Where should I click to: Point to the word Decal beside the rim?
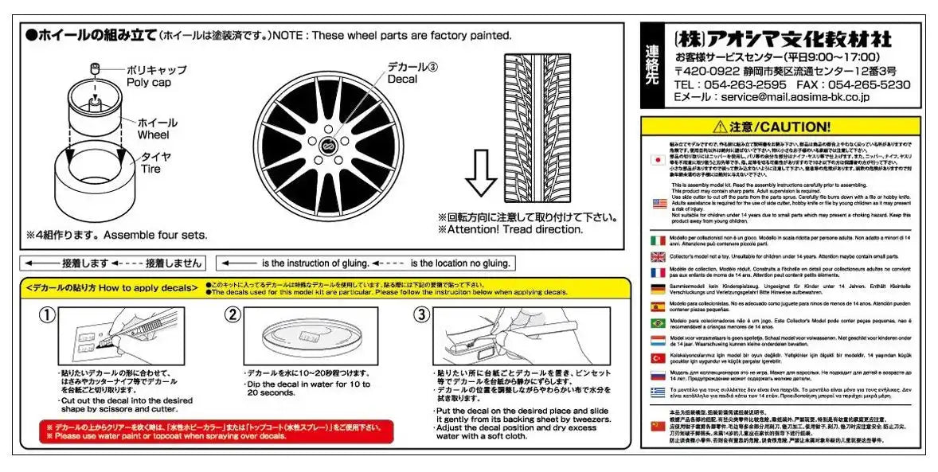coord(402,79)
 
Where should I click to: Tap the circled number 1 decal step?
coord(48,315)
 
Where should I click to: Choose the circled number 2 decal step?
coord(233,315)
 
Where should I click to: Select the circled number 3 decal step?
coord(421,315)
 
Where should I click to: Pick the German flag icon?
coord(659,291)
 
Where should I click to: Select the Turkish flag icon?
coord(659,359)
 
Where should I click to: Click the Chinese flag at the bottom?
coord(659,427)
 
